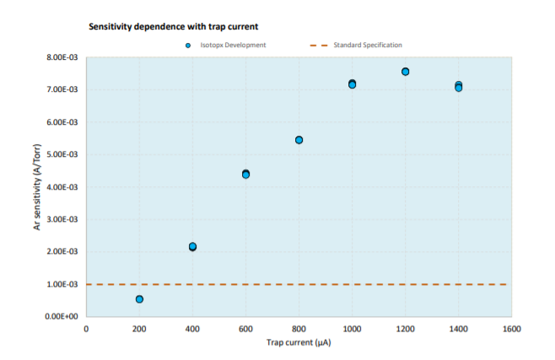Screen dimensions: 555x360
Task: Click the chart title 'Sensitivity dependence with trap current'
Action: click(x=174, y=27)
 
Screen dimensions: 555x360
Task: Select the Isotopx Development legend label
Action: click(x=233, y=45)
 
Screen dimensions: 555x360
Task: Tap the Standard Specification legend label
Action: click(x=368, y=45)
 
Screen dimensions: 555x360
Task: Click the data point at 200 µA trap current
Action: click(x=139, y=299)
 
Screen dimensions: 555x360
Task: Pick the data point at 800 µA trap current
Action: click(x=299, y=140)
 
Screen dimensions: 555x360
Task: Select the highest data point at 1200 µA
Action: click(x=405, y=72)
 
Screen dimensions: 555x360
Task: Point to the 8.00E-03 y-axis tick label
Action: click(x=62, y=57)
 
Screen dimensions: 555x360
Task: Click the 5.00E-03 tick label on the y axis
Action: click(x=62, y=154)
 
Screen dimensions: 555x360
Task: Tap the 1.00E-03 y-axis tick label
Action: click(x=62, y=284)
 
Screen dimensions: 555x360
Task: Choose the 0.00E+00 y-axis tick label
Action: click(x=62, y=316)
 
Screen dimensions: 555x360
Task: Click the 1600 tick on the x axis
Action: click(x=512, y=330)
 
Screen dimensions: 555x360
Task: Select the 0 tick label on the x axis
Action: click(x=86, y=330)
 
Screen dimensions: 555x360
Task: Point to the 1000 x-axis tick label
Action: click(x=353, y=330)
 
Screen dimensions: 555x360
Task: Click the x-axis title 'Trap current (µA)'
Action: click(x=299, y=342)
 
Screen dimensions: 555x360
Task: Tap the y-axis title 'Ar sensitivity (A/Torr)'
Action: click(x=37, y=187)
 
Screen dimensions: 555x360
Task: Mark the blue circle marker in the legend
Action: click(x=188, y=46)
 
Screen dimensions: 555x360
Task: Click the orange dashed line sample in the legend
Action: click(x=319, y=46)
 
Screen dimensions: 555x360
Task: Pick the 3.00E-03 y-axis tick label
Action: click(x=62, y=219)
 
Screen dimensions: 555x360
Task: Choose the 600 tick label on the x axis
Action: click(x=245, y=330)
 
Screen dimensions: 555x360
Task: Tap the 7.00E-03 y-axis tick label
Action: click(x=62, y=89)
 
